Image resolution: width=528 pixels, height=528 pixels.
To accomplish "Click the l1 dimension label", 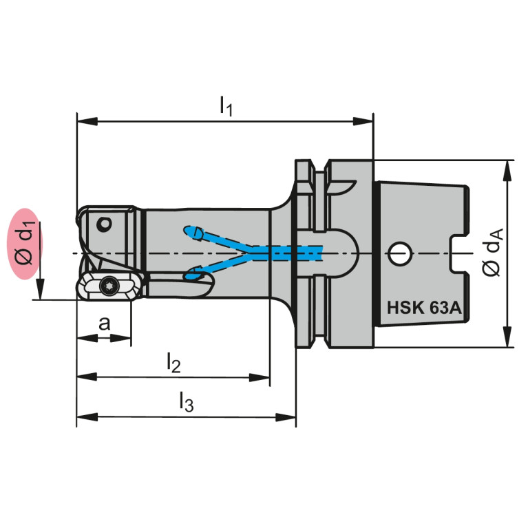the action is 226,106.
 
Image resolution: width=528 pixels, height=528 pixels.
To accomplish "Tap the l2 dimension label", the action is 173,363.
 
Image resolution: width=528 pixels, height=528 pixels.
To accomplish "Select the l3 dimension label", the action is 187,401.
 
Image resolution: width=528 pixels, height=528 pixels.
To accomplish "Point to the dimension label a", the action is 105,324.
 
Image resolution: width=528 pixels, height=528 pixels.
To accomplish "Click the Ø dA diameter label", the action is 493,252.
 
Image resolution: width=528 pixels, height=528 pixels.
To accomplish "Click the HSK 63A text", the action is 423,308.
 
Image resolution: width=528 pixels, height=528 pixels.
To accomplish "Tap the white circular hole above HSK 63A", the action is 400,253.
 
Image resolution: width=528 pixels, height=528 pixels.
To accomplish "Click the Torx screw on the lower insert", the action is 109,286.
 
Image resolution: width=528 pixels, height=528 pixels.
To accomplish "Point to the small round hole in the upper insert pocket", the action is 104,224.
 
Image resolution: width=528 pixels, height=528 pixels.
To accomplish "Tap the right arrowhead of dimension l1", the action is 363,121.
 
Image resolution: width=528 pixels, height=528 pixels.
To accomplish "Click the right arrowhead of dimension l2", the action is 260,377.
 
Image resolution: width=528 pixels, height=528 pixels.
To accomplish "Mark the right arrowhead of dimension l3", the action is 286,417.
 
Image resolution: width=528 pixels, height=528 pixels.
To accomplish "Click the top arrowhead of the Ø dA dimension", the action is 507,171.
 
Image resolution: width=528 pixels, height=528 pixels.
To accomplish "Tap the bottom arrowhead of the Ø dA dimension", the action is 507,337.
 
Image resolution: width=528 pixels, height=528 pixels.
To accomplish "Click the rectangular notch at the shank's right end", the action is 460,253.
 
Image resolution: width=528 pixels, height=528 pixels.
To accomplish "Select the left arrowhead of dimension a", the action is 87,337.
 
